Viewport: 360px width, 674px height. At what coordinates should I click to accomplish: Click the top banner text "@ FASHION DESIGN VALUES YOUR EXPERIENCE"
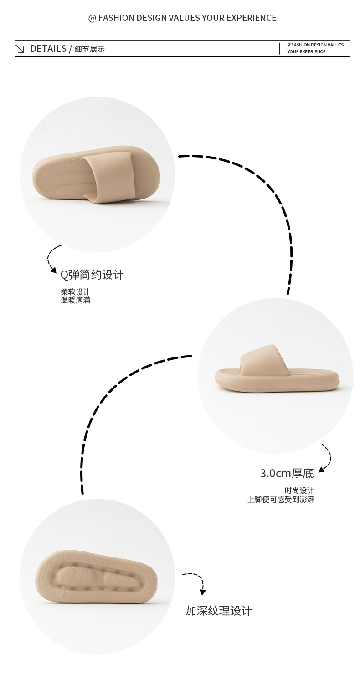pyautogui.click(x=182, y=18)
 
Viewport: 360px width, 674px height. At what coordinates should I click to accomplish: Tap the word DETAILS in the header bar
pyautogui.click(x=48, y=49)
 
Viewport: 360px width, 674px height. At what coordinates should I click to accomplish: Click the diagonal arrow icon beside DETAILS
pyautogui.click(x=20, y=49)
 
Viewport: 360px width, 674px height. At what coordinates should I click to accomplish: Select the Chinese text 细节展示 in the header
pyautogui.click(x=89, y=49)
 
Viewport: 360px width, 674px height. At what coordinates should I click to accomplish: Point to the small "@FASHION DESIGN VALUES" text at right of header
pyautogui.click(x=315, y=45)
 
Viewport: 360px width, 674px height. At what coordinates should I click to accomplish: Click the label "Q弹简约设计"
pyautogui.click(x=92, y=275)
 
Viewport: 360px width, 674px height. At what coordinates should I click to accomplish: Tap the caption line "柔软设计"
pyautogui.click(x=76, y=292)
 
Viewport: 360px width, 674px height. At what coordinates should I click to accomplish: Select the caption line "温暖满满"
pyautogui.click(x=76, y=300)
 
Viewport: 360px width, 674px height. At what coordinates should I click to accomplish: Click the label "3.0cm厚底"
pyautogui.click(x=287, y=473)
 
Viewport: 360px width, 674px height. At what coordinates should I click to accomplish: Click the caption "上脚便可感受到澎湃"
pyautogui.click(x=281, y=500)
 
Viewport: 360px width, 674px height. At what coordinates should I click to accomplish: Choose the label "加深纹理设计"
pyautogui.click(x=219, y=611)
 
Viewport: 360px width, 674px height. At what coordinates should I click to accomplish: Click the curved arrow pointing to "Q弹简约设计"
pyautogui.click(x=51, y=260)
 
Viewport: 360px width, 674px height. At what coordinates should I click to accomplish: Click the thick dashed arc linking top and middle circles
pyautogui.click(x=269, y=191)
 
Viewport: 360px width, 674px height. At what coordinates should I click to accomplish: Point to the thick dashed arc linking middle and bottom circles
pyautogui.click(x=105, y=401)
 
